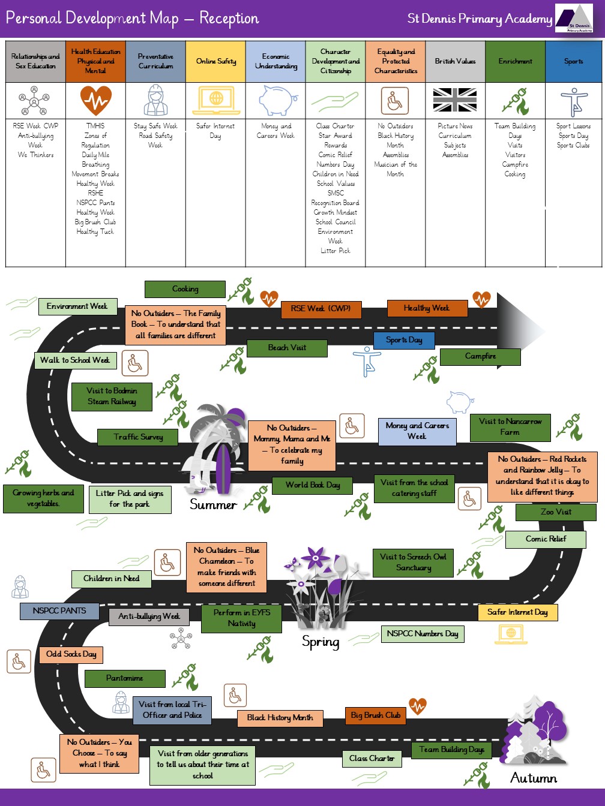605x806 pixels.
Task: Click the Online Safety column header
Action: pos(215,61)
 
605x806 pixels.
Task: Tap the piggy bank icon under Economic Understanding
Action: pos(277,100)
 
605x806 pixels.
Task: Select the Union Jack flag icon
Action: pos(455,100)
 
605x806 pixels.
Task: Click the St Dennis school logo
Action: pos(574,19)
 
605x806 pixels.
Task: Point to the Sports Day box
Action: pos(404,340)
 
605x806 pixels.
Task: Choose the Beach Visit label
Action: pos(287,348)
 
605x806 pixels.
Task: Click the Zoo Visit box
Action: pos(556,512)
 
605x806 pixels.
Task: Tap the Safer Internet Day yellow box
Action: pos(517,612)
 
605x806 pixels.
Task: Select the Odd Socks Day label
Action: pos(71,654)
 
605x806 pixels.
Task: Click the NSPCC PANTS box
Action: pos(59,610)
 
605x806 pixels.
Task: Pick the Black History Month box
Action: pos(280,718)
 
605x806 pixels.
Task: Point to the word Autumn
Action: pos(534,778)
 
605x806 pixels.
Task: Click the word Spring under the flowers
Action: pos(321,642)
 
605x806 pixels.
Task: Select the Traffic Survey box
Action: pos(138,437)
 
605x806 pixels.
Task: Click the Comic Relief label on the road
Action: pos(546,539)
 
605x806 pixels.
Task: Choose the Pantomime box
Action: pos(125,678)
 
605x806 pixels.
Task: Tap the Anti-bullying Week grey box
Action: pos(149,616)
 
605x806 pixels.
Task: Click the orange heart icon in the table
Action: pos(95,100)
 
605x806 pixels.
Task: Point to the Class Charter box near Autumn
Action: pos(372,759)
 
